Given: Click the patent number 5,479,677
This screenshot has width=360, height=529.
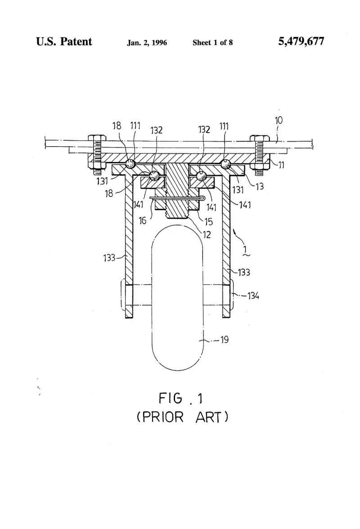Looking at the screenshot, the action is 301,41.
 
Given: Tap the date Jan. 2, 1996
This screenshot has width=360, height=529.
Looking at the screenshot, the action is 147,43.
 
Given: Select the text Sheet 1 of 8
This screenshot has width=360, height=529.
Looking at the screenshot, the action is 212,42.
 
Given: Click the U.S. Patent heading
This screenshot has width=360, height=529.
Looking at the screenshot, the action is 64,41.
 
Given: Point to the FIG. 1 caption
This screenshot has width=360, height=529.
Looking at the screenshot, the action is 181,399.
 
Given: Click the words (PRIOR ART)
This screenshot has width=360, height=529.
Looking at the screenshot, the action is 183,417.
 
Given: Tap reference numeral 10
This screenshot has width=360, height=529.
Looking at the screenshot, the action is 279,121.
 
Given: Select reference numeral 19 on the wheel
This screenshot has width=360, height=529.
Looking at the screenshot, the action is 225,339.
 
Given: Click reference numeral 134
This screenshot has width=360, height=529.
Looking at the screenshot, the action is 253,296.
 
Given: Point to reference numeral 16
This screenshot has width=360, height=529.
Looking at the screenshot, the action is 143,220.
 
